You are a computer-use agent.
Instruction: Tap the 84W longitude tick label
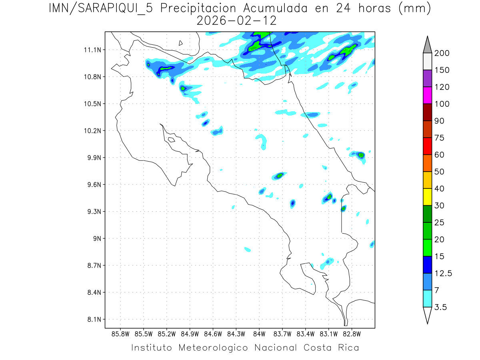[259, 334]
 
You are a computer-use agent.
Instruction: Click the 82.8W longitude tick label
[352, 334]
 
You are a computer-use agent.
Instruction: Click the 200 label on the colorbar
[442, 53]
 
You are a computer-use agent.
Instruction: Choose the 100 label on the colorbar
[442, 104]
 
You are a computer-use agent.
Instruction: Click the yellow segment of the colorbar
[427, 197]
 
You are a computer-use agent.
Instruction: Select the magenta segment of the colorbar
[427, 96]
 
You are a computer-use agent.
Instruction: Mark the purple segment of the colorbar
[427, 79]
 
